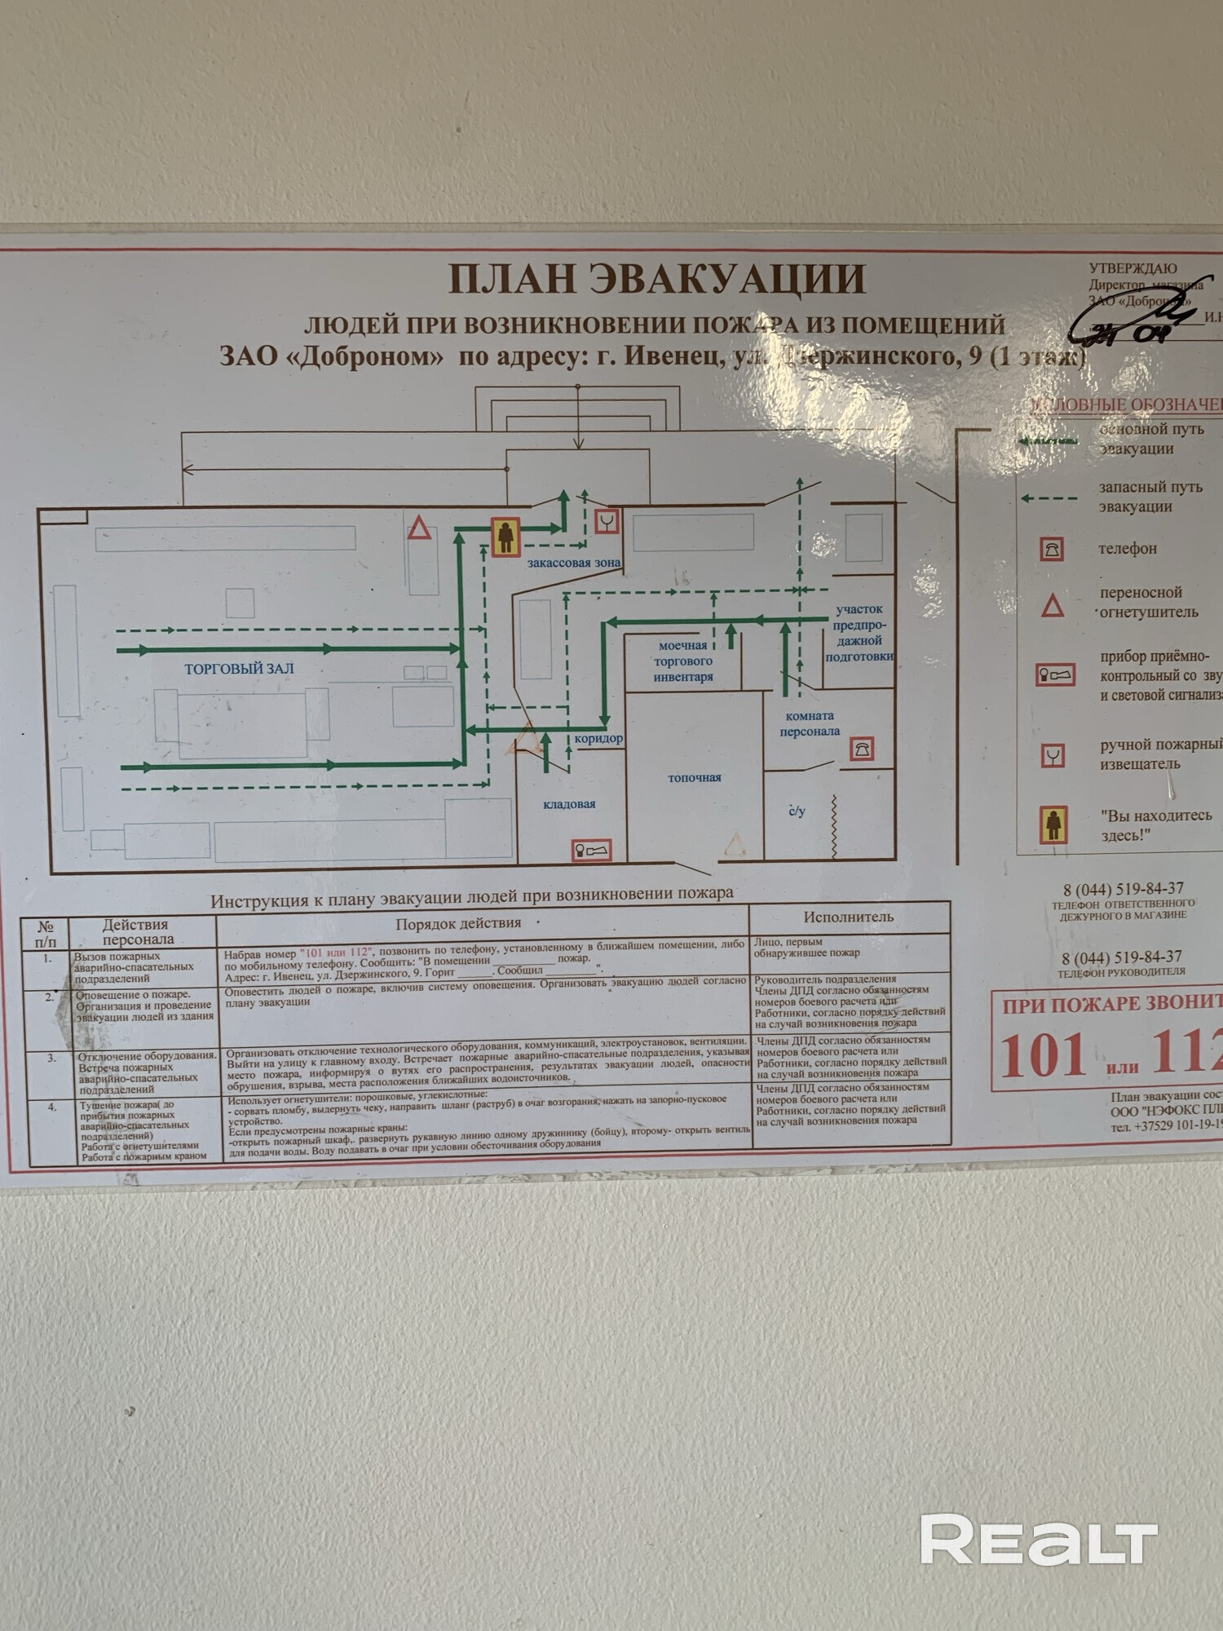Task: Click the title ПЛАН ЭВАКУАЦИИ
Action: [x=656, y=279]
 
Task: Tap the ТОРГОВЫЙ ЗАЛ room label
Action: [x=239, y=669]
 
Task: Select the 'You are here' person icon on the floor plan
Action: [x=506, y=537]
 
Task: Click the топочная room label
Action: [x=695, y=778]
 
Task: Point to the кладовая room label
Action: [x=569, y=804]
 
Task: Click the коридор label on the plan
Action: [x=598, y=739]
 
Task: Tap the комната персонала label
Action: [x=810, y=723]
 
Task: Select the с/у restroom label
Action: [x=797, y=811]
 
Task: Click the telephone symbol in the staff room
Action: [x=862, y=749]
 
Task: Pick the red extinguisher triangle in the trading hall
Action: [x=419, y=528]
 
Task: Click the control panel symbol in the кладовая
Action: [x=591, y=851]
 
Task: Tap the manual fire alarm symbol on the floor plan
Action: [x=607, y=521]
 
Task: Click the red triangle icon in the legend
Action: [x=1053, y=606]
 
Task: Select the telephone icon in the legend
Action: [x=1052, y=549]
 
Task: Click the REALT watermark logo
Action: [x=1039, y=1540]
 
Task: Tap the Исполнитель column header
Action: [x=848, y=917]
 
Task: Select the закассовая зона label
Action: [x=573, y=563]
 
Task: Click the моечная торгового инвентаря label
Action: [x=683, y=661]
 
